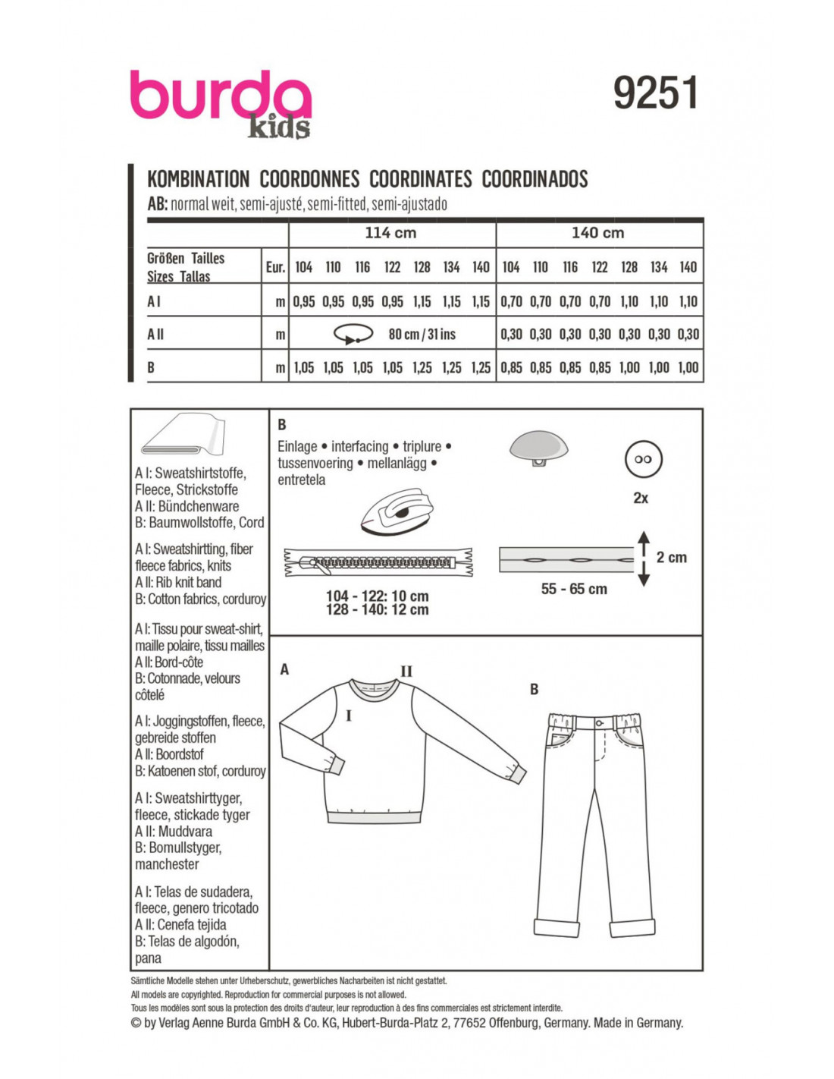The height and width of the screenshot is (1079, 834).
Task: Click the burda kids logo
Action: [220, 102]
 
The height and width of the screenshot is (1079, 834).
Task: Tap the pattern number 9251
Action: [655, 93]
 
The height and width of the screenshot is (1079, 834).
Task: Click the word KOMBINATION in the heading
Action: [198, 179]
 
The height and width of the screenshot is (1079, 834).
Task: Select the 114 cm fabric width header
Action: [390, 233]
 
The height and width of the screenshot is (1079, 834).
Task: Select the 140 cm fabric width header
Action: [597, 233]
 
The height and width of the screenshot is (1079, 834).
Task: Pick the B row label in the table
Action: [151, 367]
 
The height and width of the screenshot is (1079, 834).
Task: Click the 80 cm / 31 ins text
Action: [422, 334]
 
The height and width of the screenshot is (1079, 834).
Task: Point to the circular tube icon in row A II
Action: [353, 334]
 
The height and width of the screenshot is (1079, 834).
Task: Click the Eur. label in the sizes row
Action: [275, 267]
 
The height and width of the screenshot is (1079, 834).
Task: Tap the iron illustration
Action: [396, 512]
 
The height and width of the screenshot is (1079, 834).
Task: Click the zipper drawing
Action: [378, 562]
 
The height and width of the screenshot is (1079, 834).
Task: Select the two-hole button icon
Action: [643, 459]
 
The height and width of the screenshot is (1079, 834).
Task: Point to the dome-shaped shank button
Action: [539, 447]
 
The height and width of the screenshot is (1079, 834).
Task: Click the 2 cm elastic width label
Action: [671, 558]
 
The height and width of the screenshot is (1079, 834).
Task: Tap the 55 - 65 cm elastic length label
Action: [574, 589]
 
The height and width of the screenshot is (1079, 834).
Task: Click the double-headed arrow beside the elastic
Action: [644, 558]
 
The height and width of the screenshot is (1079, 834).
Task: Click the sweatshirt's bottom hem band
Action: [374, 816]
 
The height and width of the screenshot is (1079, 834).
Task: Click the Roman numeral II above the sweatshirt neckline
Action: [406, 671]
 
